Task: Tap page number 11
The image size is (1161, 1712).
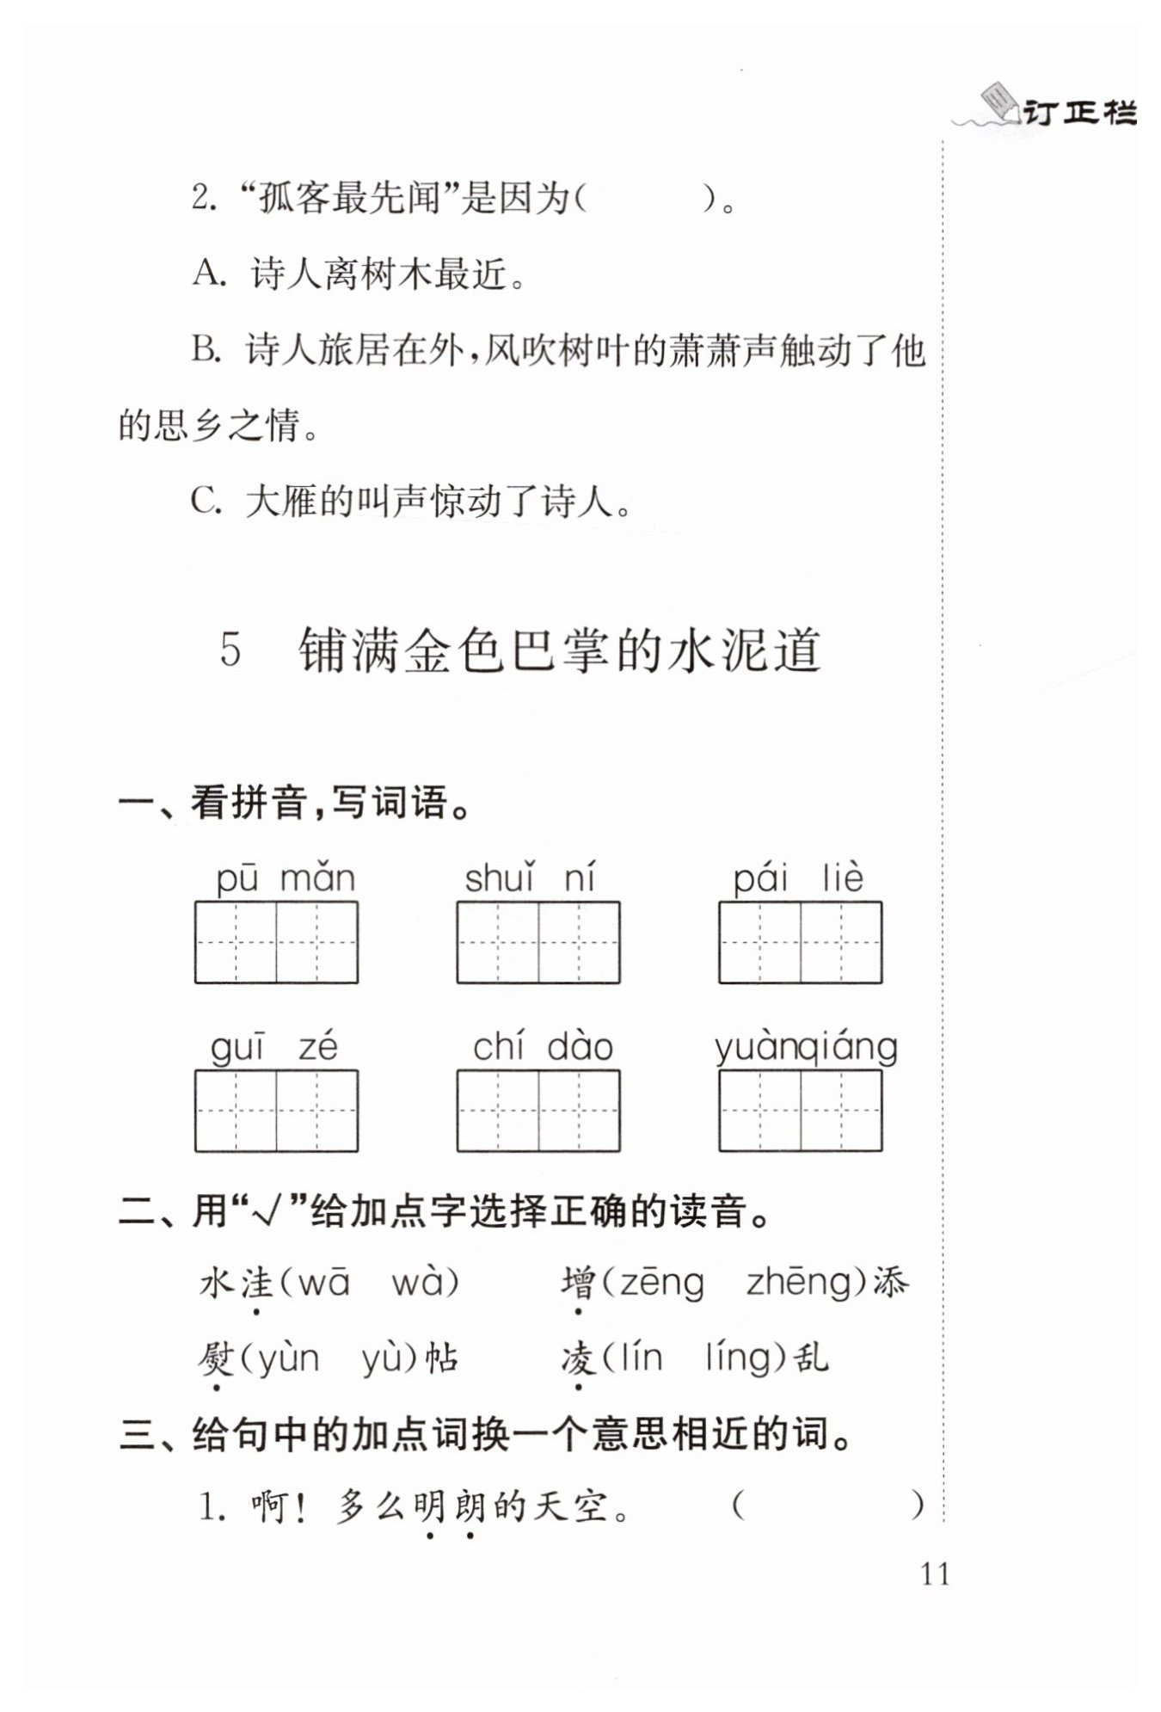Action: pyautogui.click(x=935, y=1574)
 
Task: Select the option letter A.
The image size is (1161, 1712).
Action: pyautogui.click(x=207, y=274)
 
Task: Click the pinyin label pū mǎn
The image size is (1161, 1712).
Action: pyautogui.click(x=285, y=878)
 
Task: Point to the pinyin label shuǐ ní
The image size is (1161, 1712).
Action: pyautogui.click(x=530, y=878)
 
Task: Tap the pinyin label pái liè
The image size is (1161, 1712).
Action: pyautogui.click(x=797, y=878)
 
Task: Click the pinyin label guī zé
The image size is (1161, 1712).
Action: pyautogui.click(x=274, y=1047)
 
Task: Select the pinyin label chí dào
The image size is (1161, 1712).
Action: pyautogui.click(x=543, y=1047)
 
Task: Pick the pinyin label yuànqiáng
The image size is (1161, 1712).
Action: pyautogui.click(x=806, y=1047)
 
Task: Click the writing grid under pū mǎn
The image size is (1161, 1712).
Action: pyautogui.click(x=276, y=942)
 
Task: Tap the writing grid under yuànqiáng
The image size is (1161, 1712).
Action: pyautogui.click(x=800, y=1111)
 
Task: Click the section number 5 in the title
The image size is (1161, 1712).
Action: pyautogui.click(x=230, y=650)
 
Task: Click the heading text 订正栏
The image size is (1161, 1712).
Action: pyautogui.click(x=1080, y=113)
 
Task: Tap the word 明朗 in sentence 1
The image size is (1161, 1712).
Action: pyautogui.click(x=449, y=1506)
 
